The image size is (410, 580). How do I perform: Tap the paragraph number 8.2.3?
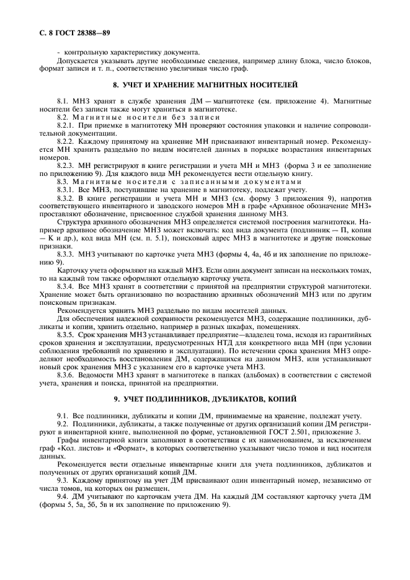coord(66,166)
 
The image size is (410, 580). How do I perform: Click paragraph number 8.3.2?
coord(66,197)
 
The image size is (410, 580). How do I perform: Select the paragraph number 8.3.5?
coord(66,334)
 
